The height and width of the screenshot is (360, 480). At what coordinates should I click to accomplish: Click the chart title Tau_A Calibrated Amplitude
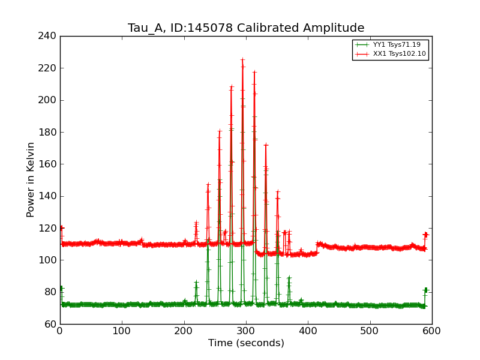point(246,28)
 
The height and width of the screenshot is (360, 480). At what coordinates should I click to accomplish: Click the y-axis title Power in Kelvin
point(31,179)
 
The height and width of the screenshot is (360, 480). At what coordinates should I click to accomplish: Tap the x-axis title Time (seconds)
point(246,343)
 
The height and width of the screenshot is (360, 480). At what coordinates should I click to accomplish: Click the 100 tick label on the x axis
point(122,331)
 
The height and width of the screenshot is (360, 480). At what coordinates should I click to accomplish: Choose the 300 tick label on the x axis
point(246,331)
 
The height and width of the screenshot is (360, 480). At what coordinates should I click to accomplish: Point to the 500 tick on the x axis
point(370,331)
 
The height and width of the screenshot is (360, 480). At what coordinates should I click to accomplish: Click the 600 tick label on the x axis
point(432,331)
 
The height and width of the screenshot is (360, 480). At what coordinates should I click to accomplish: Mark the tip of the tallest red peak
point(242,59)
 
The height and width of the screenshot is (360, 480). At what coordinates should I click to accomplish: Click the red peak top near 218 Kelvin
point(254,72)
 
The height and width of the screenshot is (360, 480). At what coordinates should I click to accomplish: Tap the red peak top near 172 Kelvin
point(265,145)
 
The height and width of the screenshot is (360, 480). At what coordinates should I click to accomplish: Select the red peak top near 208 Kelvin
point(231,88)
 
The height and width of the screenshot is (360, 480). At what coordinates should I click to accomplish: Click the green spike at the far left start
point(61,289)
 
